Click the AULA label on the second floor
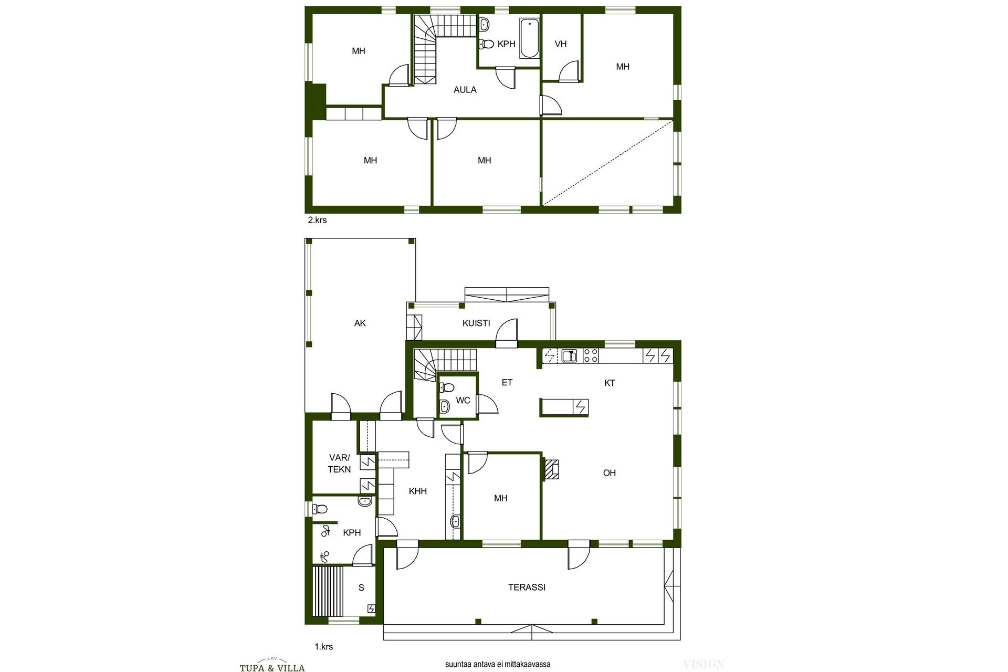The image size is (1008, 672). [465, 90]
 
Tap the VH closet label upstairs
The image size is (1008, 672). [561, 44]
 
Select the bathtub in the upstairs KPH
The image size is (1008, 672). [529, 38]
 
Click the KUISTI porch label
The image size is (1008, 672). [476, 323]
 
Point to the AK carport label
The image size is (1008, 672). [360, 323]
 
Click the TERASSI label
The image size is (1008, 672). [527, 587]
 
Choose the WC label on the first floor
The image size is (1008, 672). [463, 401]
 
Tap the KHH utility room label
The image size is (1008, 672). [418, 491]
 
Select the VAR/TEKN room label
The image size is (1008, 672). [339, 464]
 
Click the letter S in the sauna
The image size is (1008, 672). [361, 588]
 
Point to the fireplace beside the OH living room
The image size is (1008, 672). [551, 470]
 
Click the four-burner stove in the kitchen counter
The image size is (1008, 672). [591, 355]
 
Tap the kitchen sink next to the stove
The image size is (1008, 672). [569, 355]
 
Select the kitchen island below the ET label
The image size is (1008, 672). [564, 407]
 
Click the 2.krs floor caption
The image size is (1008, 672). [317, 220]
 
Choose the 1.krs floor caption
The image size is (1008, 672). [324, 647]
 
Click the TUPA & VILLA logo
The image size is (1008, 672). [272, 666]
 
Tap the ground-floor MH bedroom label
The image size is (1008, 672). [500, 498]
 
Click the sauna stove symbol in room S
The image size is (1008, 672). [372, 608]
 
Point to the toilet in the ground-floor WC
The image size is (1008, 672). [446, 388]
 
